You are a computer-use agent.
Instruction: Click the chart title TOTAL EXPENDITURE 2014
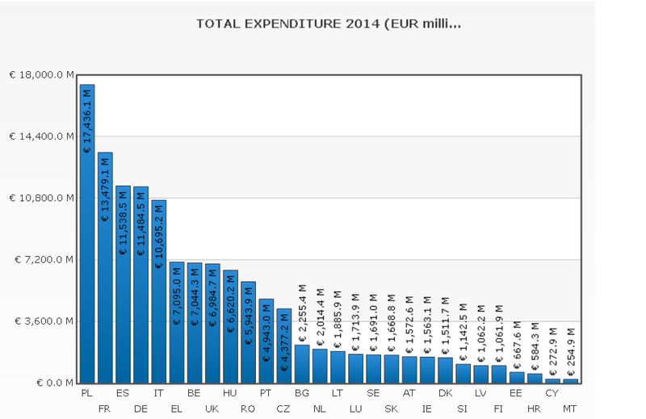click(329, 23)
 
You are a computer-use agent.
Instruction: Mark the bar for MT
click(570, 380)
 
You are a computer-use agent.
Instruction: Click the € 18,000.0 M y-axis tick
click(42, 74)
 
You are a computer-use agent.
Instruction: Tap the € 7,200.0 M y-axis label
click(44, 259)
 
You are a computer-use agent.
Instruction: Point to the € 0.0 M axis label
click(53, 383)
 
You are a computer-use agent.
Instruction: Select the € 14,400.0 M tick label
click(42, 136)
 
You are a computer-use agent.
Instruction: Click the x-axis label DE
click(141, 409)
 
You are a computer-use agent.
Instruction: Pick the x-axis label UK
click(212, 409)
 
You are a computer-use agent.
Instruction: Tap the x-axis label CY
click(552, 393)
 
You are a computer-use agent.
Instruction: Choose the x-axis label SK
click(391, 409)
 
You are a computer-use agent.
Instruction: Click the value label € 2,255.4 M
click(302, 313)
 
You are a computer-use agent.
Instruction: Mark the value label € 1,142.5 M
click(463, 333)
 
